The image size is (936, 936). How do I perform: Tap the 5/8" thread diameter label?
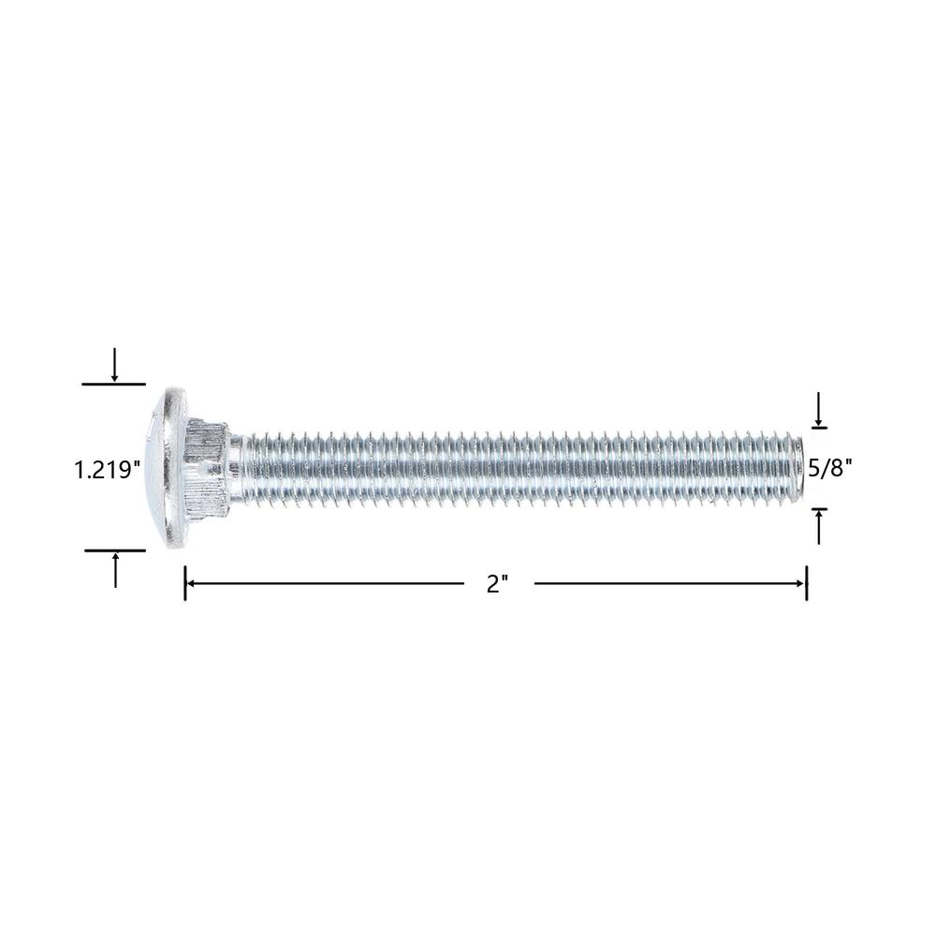point(830,468)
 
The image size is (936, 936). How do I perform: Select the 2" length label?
point(497,583)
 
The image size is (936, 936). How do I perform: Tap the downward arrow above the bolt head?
point(114,364)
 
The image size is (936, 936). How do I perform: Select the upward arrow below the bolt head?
point(115,569)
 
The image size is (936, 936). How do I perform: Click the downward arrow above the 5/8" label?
point(819,410)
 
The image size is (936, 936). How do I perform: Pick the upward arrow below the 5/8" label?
point(819,526)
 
